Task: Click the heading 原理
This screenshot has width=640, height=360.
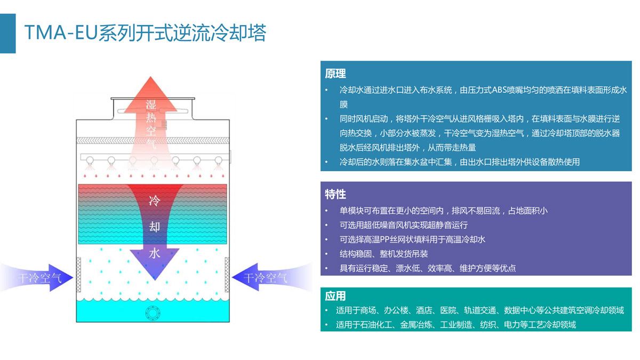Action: click(335, 74)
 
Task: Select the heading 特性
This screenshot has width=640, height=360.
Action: click(335, 194)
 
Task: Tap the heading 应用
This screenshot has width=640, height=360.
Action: click(335, 296)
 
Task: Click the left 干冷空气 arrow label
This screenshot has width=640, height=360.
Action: click(39, 278)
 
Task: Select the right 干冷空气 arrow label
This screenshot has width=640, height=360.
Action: click(265, 278)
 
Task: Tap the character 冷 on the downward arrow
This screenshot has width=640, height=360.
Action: click(154, 202)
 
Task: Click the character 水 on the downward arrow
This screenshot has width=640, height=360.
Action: click(154, 253)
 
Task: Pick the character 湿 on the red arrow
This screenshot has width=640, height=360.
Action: click(151, 105)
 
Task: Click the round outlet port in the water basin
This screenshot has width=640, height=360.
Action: click(153, 313)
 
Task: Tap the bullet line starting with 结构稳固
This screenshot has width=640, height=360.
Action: click(384, 254)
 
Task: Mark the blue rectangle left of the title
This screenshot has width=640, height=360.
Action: click(7, 33)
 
